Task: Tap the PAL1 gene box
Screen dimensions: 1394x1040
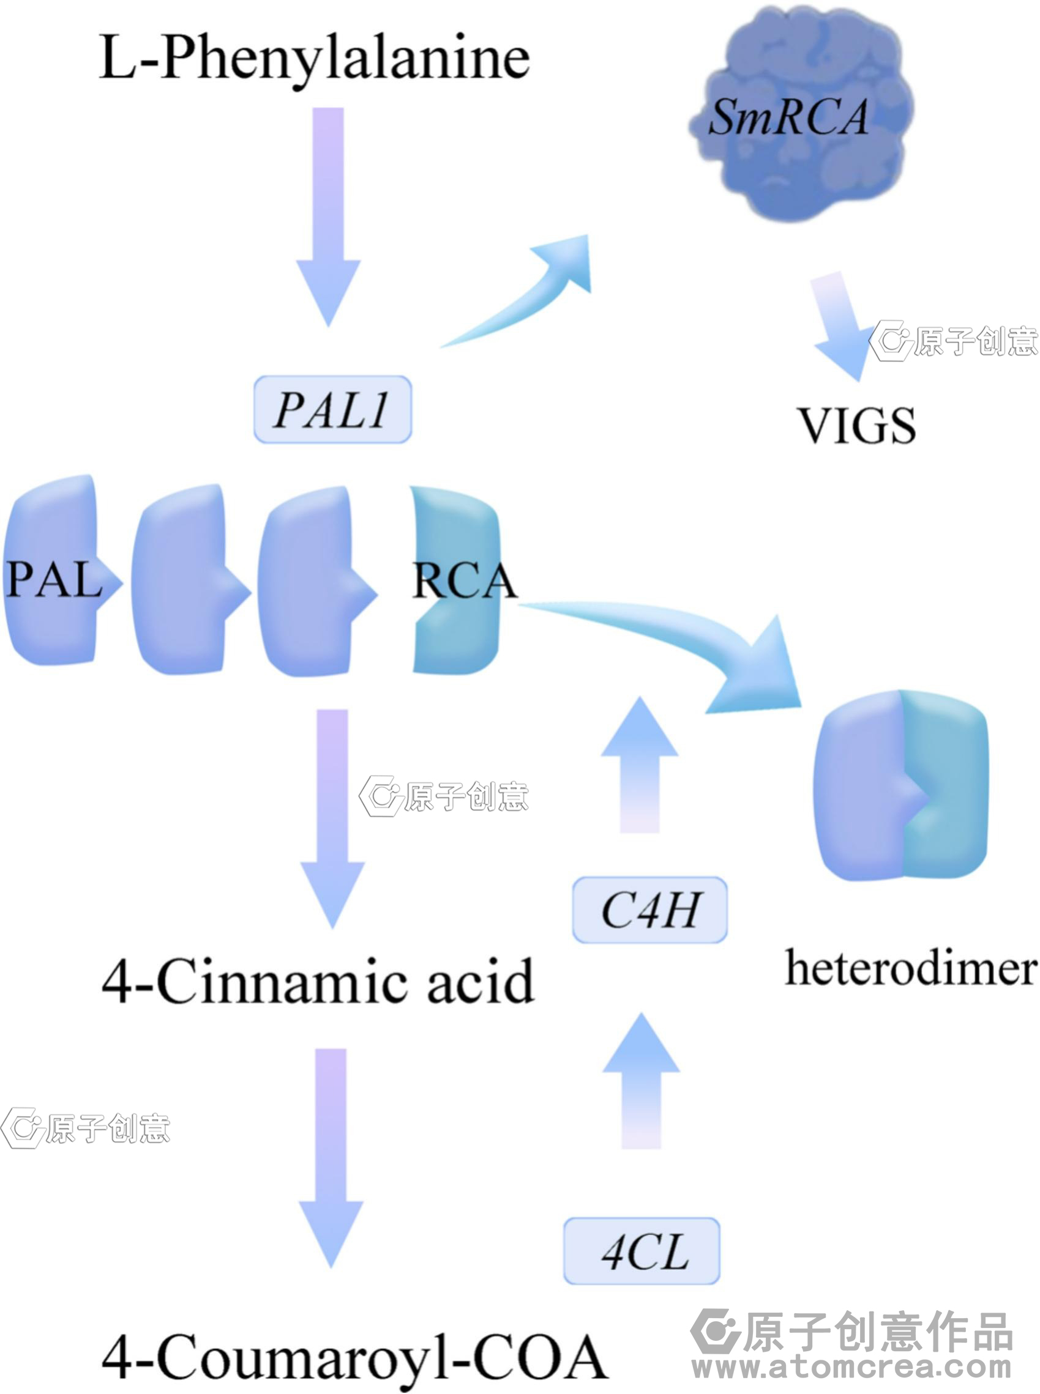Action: coord(332,410)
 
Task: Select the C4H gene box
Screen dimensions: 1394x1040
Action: coord(649,910)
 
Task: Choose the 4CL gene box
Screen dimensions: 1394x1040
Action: coord(642,1251)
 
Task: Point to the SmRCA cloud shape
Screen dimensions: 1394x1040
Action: coord(799,116)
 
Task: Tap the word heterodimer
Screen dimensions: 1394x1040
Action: coord(910,968)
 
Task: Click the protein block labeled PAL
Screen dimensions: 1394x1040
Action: coord(53,573)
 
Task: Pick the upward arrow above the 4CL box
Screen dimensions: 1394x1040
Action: coord(641,1082)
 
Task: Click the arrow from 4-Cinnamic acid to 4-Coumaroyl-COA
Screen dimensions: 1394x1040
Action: coord(331,1157)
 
